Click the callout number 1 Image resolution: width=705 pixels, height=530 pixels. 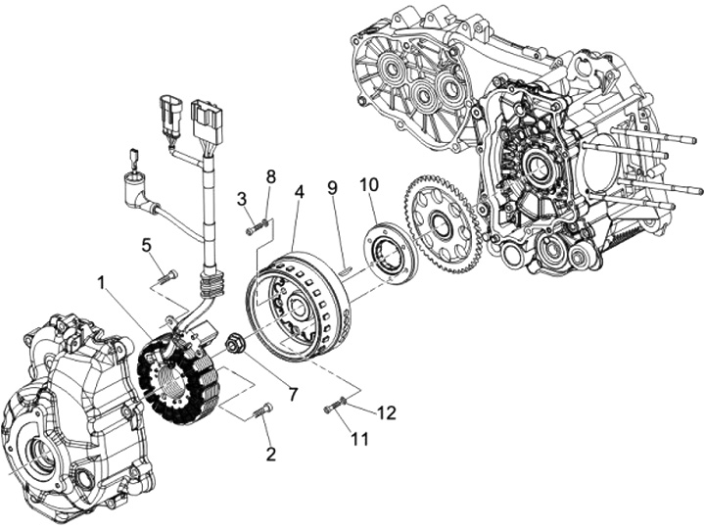pos(104,282)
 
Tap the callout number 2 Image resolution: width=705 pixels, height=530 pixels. pos(271,454)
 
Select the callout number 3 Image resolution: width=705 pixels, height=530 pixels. pos(241,199)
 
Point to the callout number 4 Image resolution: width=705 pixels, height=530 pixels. pos(300,192)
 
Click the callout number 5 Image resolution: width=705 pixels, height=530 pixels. pos(146,245)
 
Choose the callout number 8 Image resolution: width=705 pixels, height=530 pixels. pos(271,176)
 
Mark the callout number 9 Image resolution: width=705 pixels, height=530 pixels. pos(332,186)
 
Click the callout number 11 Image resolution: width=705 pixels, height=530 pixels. pos(360,439)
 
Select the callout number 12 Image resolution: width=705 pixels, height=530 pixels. pos(387,412)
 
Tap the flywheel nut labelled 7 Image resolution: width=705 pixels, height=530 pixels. pos(235,343)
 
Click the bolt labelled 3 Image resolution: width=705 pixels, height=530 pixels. pos(258,228)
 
